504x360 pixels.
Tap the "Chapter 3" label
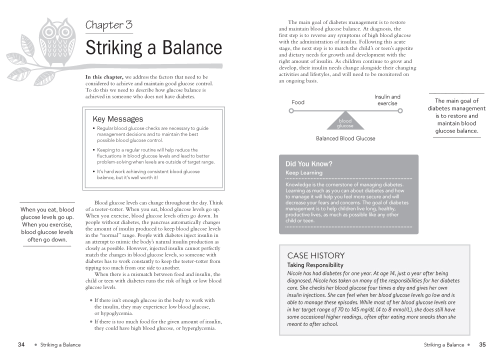108,24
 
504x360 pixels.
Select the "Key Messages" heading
117,119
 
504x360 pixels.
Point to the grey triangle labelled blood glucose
345,121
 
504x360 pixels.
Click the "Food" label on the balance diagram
298,102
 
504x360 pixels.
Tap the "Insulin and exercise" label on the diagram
387,100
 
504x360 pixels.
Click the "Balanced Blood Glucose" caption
345,138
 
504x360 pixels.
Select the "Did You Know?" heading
308,163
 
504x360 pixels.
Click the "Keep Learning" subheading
304,173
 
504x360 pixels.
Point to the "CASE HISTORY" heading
315,255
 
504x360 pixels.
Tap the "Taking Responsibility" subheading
315,265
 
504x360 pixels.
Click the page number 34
21,344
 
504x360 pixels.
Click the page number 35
482,344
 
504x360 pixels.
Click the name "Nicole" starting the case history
296,273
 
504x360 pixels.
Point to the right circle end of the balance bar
400,111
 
